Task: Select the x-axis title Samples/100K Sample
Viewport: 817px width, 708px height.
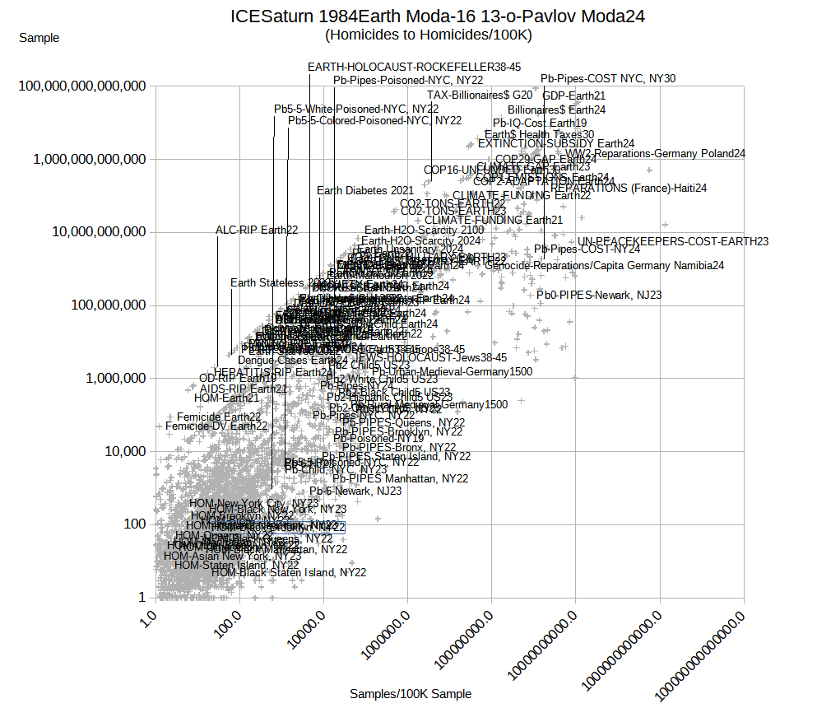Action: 411,694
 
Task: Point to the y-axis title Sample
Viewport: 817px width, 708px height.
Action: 39,38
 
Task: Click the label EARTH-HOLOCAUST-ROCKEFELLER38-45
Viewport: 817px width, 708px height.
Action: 414,67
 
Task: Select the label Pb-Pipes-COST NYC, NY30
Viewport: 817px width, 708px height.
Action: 608,79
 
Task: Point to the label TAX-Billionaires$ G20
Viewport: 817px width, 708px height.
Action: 480,95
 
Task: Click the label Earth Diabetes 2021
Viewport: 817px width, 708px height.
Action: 365,191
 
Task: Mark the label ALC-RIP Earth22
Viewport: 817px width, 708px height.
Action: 257,230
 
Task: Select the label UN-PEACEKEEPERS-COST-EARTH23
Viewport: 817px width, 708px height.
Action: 673,241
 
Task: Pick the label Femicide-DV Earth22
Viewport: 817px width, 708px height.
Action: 216,426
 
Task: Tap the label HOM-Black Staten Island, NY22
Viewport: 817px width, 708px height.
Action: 289,572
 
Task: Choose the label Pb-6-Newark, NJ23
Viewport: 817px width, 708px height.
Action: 355,491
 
